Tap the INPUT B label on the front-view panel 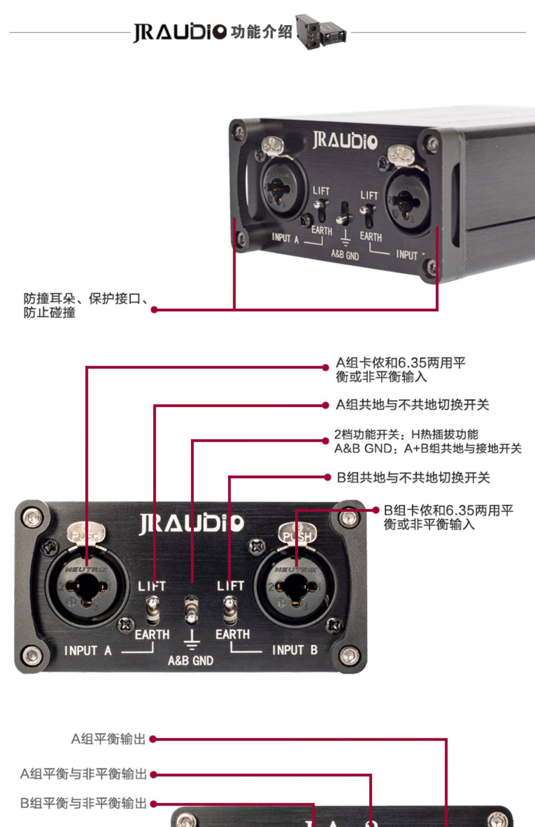(295, 650)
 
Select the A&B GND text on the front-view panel (190, 661)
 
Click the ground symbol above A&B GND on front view (192, 640)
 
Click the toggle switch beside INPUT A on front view (153, 611)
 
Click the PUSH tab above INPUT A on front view (86, 533)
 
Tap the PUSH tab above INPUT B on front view (297, 533)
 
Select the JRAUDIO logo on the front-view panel (191, 524)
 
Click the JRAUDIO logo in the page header (180, 32)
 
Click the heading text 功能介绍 (261, 32)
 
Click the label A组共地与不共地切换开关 (412, 405)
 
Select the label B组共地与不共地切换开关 (413, 478)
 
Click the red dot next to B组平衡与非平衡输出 (153, 803)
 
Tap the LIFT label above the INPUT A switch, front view (152, 586)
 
